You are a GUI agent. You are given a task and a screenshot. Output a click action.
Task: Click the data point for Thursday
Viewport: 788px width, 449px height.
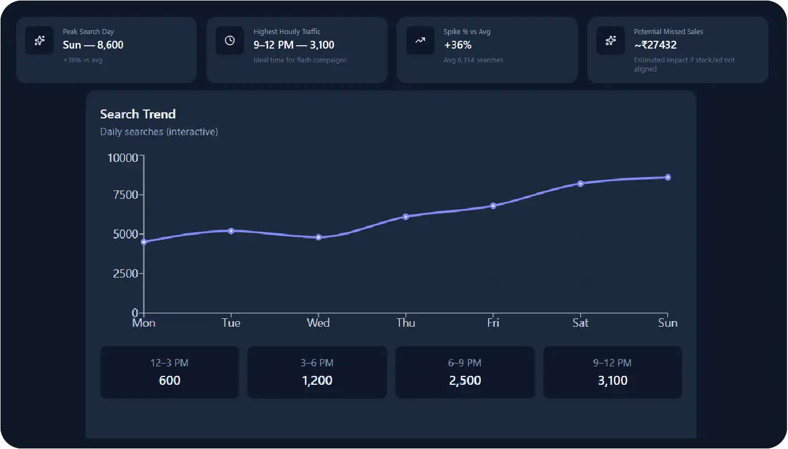406,217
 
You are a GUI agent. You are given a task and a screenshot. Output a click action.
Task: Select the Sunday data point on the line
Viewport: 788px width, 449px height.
667,178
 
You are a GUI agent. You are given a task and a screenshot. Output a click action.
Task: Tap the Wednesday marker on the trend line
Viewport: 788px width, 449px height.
318,237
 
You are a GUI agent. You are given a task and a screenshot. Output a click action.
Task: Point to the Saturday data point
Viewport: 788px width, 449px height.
580,184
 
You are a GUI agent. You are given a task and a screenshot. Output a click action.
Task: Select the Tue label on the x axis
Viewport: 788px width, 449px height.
231,323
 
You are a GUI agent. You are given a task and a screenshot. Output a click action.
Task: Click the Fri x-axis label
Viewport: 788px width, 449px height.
493,323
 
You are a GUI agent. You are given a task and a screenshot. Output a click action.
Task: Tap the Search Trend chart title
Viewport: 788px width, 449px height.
138,114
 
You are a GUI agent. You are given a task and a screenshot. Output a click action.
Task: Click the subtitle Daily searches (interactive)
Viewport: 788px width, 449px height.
159,132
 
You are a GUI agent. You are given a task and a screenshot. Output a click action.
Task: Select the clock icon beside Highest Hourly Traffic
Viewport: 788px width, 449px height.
230,40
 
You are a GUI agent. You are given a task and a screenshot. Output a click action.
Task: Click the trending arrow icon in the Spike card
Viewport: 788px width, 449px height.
420,40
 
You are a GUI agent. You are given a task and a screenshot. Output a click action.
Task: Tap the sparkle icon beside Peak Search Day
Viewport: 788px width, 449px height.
40,40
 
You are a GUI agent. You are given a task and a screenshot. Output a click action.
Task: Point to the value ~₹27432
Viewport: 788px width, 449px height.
655,45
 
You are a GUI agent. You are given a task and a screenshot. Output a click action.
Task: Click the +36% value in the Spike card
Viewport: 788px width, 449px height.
457,45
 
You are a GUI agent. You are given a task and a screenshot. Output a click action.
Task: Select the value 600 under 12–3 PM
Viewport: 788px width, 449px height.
170,381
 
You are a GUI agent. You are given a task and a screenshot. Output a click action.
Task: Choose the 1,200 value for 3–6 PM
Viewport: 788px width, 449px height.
317,381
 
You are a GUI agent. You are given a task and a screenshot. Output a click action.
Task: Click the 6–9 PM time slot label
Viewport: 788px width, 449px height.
465,363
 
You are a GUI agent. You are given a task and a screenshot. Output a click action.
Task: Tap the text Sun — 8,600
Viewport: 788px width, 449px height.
93,45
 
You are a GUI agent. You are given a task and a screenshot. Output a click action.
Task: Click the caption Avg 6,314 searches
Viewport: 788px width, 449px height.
473,60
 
